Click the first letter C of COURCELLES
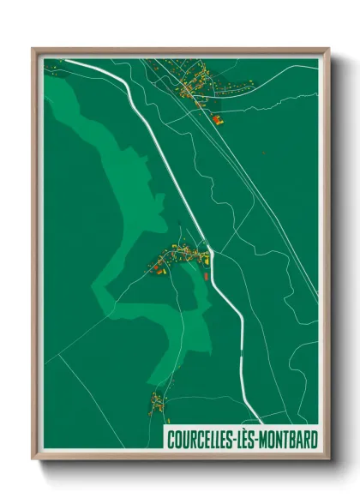[x=171, y=440]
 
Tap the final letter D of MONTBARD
[x=311, y=440]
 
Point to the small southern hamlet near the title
[x=156, y=401]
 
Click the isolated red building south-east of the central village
[x=206, y=276]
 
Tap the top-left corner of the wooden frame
[x=33, y=49]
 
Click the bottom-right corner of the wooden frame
[x=329, y=459]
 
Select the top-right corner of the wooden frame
[x=329, y=49]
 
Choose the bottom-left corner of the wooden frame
[x=33, y=459]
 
